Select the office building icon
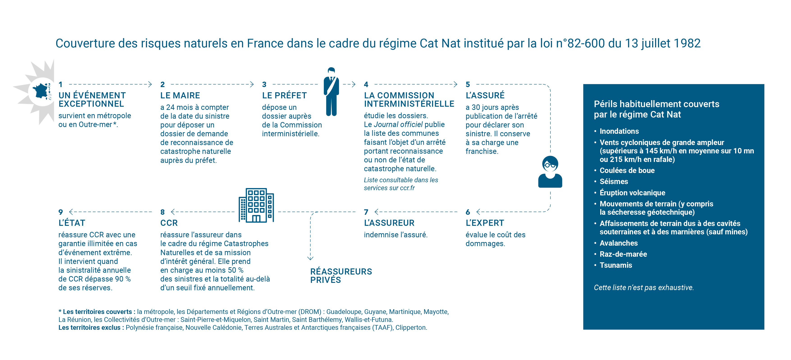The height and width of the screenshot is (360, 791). click(256, 205)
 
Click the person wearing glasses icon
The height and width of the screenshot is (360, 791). click(550, 172)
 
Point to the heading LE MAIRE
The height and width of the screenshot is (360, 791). click(180, 96)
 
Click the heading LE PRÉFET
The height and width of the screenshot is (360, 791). click(284, 96)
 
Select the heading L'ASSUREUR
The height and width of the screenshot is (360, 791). click(389, 223)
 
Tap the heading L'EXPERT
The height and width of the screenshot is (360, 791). click(485, 223)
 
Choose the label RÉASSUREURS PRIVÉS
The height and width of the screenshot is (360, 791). click(341, 276)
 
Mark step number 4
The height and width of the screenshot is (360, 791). click(366, 84)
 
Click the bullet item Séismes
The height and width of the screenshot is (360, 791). click(614, 182)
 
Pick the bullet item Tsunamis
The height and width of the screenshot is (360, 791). click(616, 265)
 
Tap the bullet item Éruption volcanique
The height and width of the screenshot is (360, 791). click(632, 193)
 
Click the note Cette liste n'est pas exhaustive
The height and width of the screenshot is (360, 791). click(644, 288)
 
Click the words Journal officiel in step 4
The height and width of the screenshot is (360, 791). click(398, 125)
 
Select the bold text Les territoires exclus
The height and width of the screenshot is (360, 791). click(91, 328)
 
